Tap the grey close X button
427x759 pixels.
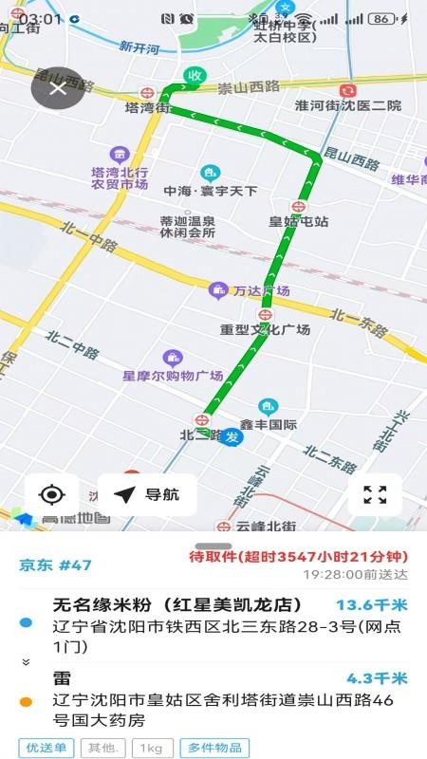click(58, 88)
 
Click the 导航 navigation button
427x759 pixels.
click(147, 494)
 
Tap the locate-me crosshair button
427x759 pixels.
click(52, 494)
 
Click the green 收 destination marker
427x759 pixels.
click(195, 76)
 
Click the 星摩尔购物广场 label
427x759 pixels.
click(173, 375)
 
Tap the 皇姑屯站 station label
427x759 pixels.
click(298, 221)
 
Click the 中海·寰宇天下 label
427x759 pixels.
click(210, 191)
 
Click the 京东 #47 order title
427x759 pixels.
click(56, 565)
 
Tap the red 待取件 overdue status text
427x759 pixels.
click(298, 556)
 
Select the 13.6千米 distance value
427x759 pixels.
click(371, 604)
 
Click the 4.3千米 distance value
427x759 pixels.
click(377, 678)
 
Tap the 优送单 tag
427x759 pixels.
click(45, 748)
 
